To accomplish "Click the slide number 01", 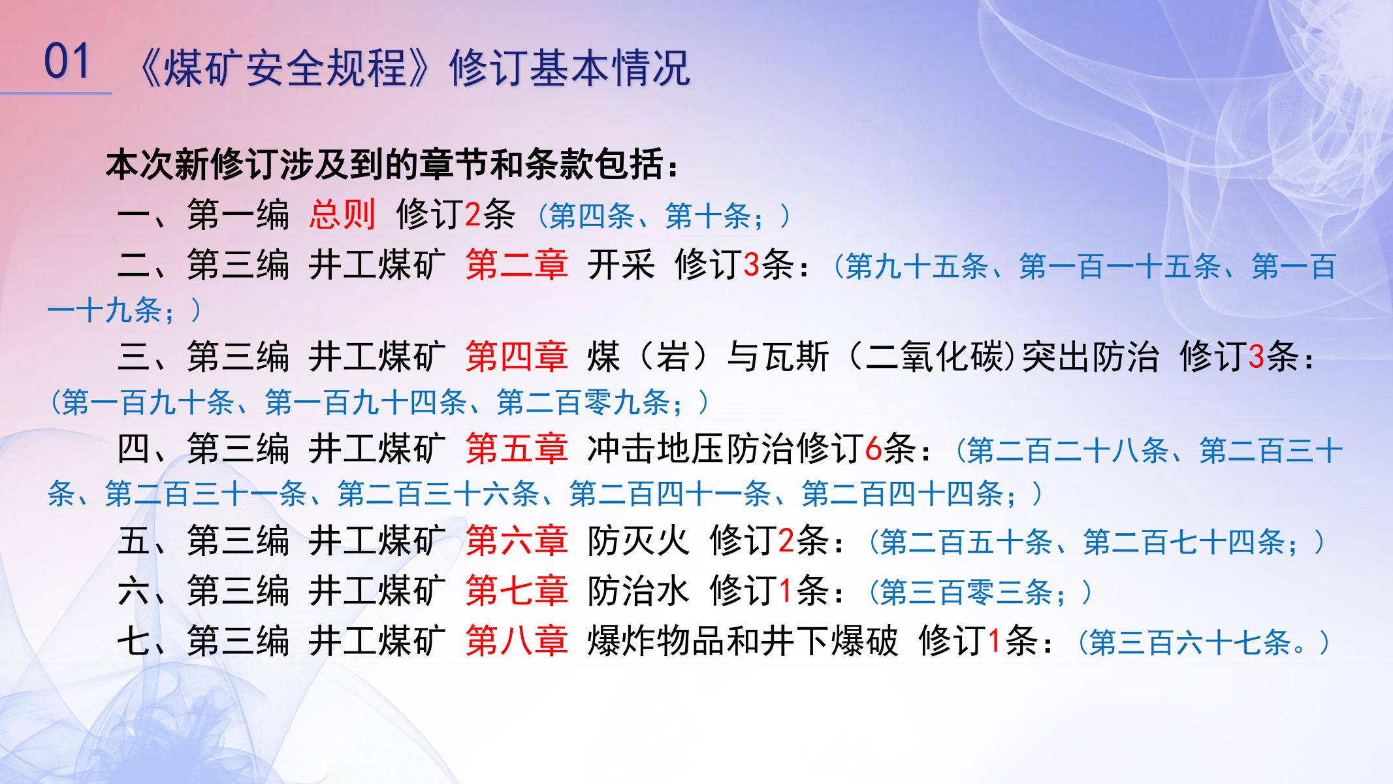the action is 66,62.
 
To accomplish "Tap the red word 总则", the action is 342,215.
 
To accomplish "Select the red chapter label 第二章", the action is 517,266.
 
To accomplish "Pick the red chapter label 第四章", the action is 517,357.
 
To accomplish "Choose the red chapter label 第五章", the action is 517,449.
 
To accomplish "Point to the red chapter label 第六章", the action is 517,542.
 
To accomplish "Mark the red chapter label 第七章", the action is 517,591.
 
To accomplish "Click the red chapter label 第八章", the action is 517,642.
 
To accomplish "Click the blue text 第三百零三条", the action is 966,593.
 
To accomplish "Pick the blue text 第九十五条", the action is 916,267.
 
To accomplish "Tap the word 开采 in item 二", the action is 621,266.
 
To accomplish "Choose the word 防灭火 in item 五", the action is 638,542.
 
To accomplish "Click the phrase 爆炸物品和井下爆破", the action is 743,642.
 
